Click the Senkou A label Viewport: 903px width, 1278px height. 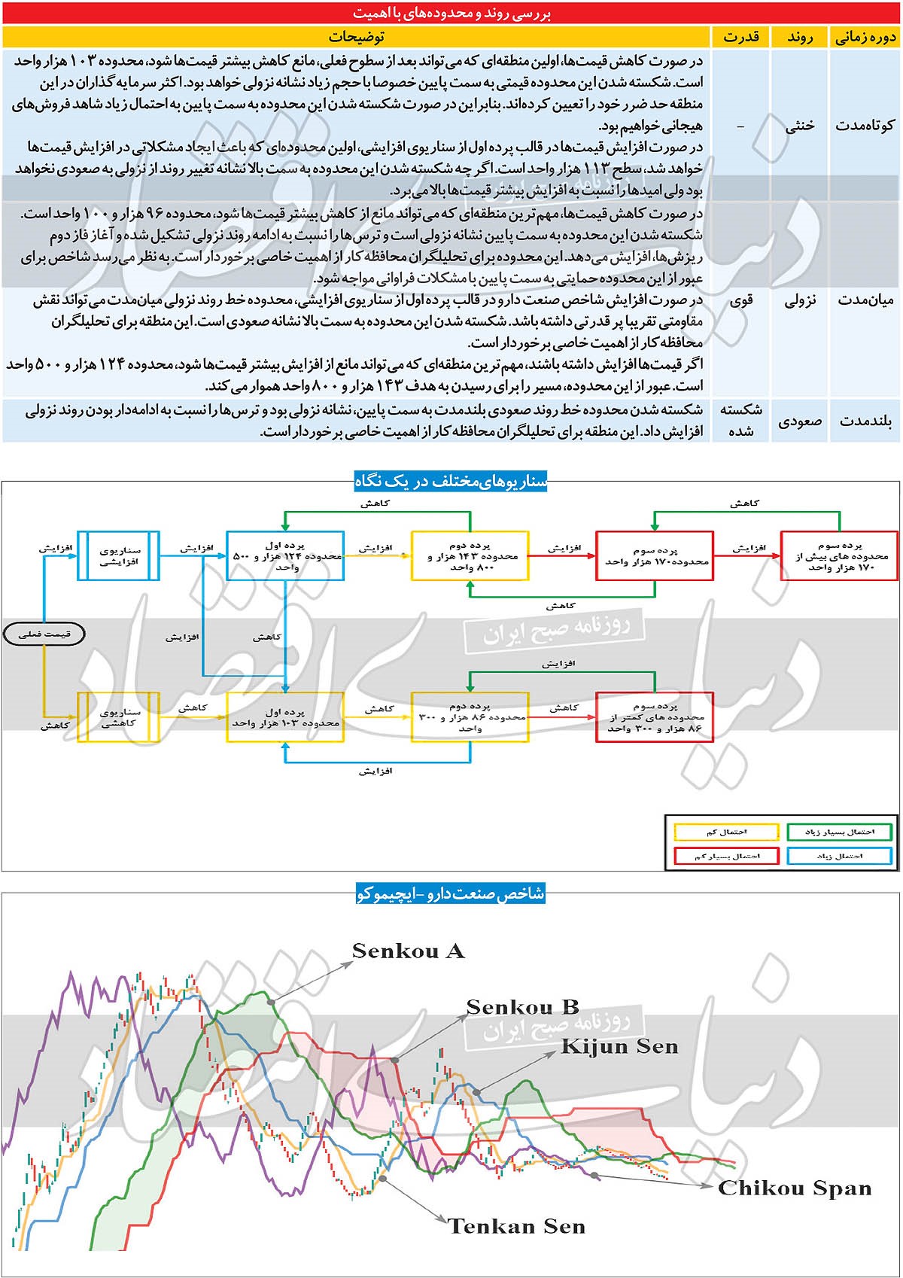pos(408,951)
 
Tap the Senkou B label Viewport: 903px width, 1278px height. pos(522,1007)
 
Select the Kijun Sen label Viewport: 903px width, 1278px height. pos(619,1046)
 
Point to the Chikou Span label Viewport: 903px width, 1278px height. pos(795,1188)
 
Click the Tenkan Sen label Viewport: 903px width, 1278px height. pos(516,1226)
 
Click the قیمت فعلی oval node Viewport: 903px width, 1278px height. pos(45,634)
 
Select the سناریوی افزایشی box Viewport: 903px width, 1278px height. pos(119,555)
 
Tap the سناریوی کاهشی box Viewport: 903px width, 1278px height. pos(119,717)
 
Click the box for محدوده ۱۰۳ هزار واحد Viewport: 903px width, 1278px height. pos(285,717)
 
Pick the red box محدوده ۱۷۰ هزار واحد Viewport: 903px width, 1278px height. pos(654,555)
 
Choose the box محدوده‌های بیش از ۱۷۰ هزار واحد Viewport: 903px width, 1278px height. pos(839,555)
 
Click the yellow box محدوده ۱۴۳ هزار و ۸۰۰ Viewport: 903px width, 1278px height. pos(470,555)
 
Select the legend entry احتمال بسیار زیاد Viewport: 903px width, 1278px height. pos(839,832)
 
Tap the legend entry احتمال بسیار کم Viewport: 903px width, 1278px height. pos(726,856)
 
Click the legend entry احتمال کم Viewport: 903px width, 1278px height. pos(726,832)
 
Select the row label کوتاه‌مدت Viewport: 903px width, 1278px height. pos(864,125)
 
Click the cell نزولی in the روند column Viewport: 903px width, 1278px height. pos(799,300)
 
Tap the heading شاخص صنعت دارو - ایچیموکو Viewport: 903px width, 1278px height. pos(450,893)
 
